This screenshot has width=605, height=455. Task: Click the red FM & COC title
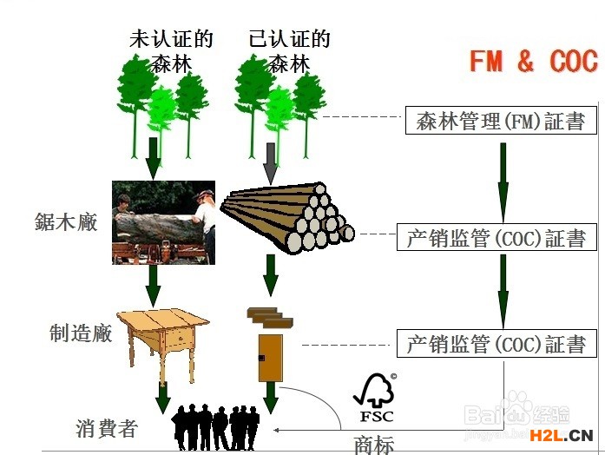(533, 62)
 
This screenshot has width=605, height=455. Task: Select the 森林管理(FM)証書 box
(501, 121)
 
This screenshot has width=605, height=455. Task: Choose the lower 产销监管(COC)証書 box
(496, 344)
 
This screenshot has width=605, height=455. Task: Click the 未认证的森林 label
(171, 51)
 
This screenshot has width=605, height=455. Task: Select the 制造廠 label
(81, 333)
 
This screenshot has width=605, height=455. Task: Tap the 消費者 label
(105, 429)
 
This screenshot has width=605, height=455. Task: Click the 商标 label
(374, 445)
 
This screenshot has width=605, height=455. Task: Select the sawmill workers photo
(163, 223)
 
